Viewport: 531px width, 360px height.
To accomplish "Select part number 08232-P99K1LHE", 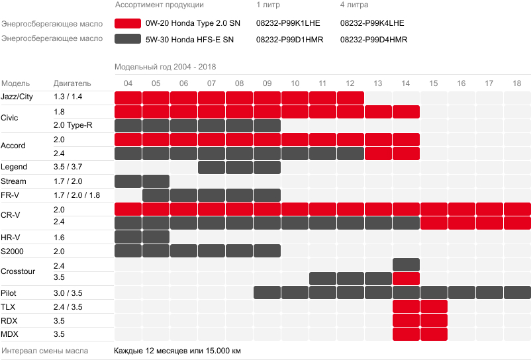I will (x=287, y=23).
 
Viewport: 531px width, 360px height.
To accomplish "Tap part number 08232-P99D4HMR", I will (x=373, y=40).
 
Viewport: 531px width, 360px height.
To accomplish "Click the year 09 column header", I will (x=267, y=83).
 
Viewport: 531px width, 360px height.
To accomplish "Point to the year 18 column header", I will (x=516, y=83).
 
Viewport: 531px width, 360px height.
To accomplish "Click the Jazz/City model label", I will (x=17, y=97).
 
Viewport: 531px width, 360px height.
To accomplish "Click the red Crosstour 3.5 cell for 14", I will (x=406, y=279).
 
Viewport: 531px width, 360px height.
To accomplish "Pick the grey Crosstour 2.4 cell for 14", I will (x=406, y=265).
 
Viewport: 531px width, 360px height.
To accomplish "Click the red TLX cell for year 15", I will (x=434, y=306).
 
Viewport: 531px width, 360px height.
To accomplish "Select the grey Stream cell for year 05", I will (x=156, y=181).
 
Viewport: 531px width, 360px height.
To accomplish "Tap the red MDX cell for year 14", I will (x=406, y=334).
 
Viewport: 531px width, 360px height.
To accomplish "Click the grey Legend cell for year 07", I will (x=211, y=167).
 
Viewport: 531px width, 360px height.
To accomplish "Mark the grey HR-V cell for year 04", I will (x=128, y=237).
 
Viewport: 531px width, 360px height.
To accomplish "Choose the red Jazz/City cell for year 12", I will (x=350, y=98).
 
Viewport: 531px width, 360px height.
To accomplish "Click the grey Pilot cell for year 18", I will (x=517, y=292).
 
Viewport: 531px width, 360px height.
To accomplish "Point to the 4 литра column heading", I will (x=354, y=5).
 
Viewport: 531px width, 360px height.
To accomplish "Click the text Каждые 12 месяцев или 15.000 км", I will (x=177, y=350).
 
